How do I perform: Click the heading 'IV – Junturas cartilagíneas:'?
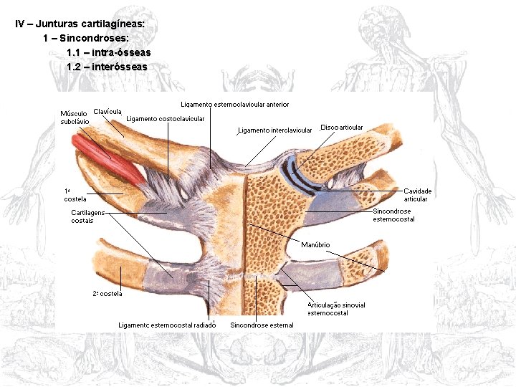80,24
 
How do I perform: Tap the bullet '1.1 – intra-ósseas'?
108,52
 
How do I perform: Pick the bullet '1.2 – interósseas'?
107,67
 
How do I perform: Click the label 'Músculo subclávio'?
75,118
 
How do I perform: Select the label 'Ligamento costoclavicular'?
166,118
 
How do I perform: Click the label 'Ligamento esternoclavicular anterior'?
235,105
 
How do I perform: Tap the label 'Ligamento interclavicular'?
275,130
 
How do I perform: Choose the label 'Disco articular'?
342,128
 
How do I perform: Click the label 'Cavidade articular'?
417,195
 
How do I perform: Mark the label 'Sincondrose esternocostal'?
393,215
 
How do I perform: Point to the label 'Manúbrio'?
315,245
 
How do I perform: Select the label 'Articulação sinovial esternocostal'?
337,309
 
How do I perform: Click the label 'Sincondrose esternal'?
262,325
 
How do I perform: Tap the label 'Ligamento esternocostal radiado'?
167,325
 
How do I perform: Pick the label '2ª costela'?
107,294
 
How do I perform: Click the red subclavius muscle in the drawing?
107,161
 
